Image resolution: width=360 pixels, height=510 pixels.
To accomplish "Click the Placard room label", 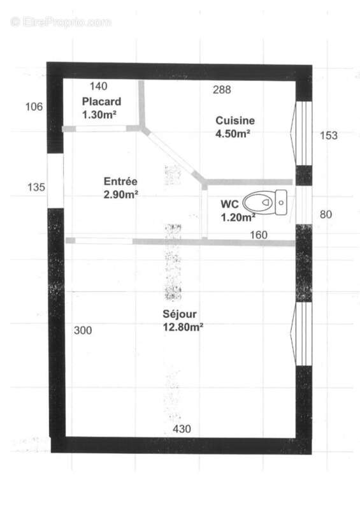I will [x=101, y=102].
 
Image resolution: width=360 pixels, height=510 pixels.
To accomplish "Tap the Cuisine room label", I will [x=235, y=120].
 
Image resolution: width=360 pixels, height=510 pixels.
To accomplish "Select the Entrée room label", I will [x=121, y=180].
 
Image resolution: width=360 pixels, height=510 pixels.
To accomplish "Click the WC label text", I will [x=229, y=205].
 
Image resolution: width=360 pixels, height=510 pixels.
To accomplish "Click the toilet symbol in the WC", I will [x=267, y=203].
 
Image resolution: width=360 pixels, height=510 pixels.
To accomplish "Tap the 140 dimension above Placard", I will [x=98, y=86].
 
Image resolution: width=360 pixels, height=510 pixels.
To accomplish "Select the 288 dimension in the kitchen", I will [x=221, y=90].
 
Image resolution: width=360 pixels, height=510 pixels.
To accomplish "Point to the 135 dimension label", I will [x=35, y=187].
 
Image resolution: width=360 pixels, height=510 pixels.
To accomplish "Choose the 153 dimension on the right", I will [x=328, y=135].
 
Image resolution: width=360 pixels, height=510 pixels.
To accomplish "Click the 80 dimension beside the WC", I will [x=326, y=214].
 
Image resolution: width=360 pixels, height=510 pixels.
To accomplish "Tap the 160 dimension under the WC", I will [x=258, y=235].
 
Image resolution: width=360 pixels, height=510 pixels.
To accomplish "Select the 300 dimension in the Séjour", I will [x=83, y=330].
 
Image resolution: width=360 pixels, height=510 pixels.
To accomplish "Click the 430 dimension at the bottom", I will [x=182, y=429].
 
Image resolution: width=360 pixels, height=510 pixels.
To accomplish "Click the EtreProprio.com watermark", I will [x=61, y=22].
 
